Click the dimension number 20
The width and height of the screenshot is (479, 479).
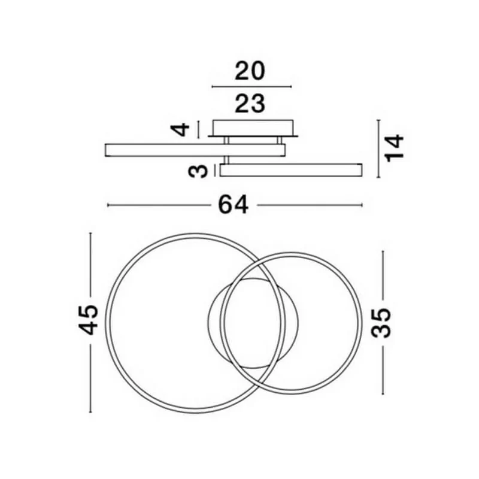pos(250,71)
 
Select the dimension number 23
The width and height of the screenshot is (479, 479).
pos(250,104)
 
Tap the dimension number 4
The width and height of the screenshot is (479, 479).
pos(181,129)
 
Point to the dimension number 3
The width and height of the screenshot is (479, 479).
pos(198,171)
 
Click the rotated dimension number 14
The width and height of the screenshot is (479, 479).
pos(395,148)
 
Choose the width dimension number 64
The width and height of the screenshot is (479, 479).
pos(233,205)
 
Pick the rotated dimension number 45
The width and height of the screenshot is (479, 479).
pos(89,320)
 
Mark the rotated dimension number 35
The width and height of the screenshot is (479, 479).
pos(381,323)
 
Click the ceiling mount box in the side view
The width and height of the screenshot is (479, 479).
pos(253,128)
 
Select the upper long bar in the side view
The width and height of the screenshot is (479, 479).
pos(195,150)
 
